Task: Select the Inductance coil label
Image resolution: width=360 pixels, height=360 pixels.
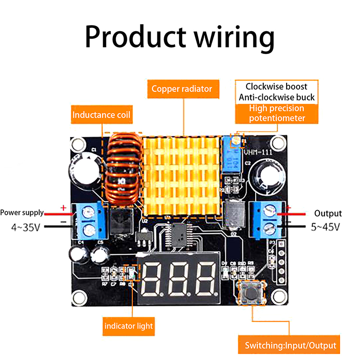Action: (x=101, y=115)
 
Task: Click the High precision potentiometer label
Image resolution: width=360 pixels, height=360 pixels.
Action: (x=277, y=113)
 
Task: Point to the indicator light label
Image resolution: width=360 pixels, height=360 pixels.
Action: (x=128, y=325)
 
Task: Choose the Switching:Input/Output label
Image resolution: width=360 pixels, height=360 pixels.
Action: (x=290, y=346)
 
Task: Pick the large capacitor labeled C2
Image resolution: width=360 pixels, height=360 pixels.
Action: (x=267, y=176)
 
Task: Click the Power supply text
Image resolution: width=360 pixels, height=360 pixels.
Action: (x=22, y=213)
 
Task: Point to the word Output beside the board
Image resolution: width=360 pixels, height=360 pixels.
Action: (x=328, y=214)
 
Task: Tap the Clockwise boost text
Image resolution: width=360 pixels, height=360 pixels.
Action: (x=276, y=86)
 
